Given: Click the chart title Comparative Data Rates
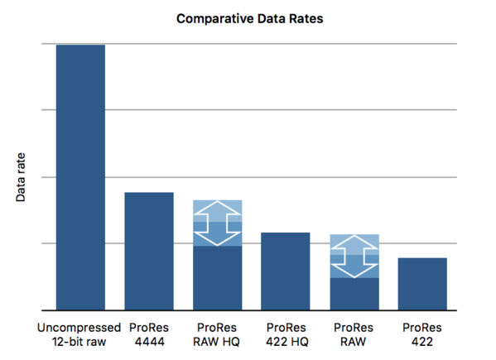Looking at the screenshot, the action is click(x=249, y=19).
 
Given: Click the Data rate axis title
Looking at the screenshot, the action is click(x=21, y=177).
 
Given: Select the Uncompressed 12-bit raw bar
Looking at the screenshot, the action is click(x=80, y=177).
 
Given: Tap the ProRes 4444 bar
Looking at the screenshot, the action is click(x=149, y=252).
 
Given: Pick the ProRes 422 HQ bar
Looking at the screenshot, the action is click(x=286, y=271).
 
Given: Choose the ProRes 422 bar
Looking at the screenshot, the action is click(x=422, y=284).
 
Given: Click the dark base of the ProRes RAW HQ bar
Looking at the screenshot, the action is click(x=218, y=278).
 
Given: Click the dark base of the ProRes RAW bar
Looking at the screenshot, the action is click(x=354, y=295).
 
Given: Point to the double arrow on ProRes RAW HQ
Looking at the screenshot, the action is click(x=218, y=223).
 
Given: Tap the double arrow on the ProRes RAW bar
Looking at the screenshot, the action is click(x=354, y=257).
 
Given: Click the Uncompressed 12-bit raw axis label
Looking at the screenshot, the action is click(x=79, y=334).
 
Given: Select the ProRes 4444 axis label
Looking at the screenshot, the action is click(x=149, y=334).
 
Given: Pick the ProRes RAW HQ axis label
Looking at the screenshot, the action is click(x=217, y=334).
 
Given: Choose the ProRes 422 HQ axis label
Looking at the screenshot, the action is click(x=287, y=334).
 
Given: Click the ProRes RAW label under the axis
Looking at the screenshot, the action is click(x=354, y=334).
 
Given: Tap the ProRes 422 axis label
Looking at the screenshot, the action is click(x=422, y=334).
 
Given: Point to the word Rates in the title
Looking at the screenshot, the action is click(x=306, y=19).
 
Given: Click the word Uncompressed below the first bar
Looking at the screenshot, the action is click(x=79, y=328).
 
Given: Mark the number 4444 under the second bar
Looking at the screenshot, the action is click(x=150, y=342).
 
